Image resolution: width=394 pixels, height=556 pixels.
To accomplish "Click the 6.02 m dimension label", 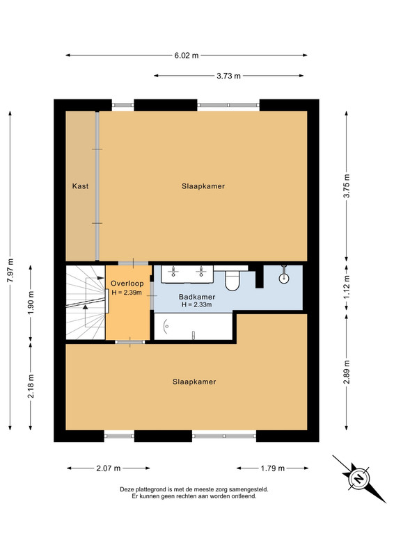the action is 186,56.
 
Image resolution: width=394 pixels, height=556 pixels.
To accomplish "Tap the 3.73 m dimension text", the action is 228,76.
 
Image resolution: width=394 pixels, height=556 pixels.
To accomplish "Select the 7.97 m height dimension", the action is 10,270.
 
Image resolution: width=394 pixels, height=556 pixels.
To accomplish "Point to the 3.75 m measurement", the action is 347,185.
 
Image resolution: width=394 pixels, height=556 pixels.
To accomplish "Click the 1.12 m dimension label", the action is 347,287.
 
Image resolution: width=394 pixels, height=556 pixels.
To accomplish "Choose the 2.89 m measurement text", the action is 347,372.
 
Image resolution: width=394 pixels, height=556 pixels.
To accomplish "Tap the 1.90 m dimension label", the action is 31,302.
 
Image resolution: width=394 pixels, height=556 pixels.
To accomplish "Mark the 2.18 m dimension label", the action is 31,386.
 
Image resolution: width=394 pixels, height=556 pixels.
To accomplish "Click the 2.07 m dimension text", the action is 109,468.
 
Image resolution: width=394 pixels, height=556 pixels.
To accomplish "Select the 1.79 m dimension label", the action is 272,468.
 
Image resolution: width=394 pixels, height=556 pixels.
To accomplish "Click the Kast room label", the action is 80,186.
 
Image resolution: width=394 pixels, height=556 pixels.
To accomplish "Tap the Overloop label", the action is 127,284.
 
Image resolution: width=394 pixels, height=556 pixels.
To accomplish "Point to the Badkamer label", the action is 197,297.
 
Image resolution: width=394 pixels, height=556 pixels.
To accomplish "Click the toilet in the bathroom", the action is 233,279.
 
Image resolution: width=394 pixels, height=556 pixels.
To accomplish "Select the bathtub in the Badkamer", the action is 194,326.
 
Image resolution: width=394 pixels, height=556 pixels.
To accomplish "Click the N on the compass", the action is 358,479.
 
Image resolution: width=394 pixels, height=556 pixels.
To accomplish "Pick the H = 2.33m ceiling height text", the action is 196,304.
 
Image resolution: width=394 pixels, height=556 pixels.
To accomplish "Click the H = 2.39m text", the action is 127,293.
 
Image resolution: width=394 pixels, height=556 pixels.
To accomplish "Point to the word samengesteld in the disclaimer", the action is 249,489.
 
